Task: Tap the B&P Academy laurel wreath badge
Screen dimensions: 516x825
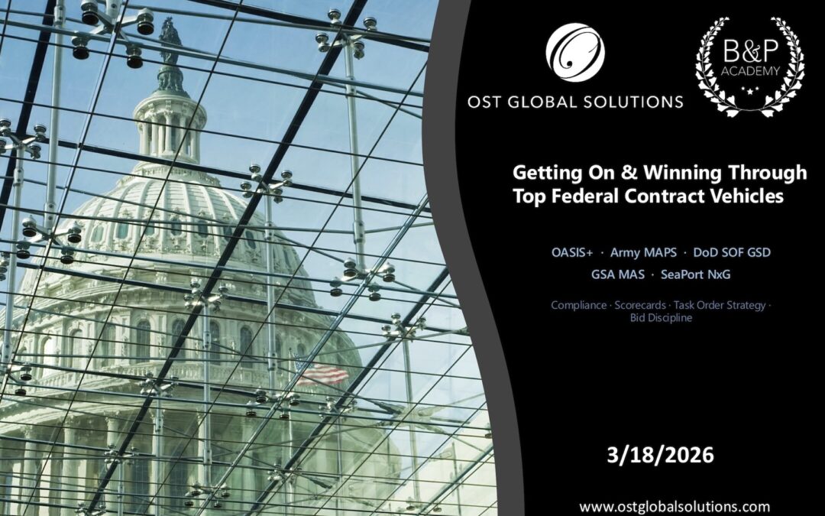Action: (749, 67)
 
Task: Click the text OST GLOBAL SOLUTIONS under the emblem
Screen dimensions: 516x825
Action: (576, 102)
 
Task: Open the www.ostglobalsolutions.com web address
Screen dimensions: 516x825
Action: (675, 506)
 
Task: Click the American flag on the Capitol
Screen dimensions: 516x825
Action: (322, 374)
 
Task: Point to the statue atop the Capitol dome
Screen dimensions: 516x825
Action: (169, 42)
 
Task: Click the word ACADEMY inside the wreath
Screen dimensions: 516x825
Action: (749, 72)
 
